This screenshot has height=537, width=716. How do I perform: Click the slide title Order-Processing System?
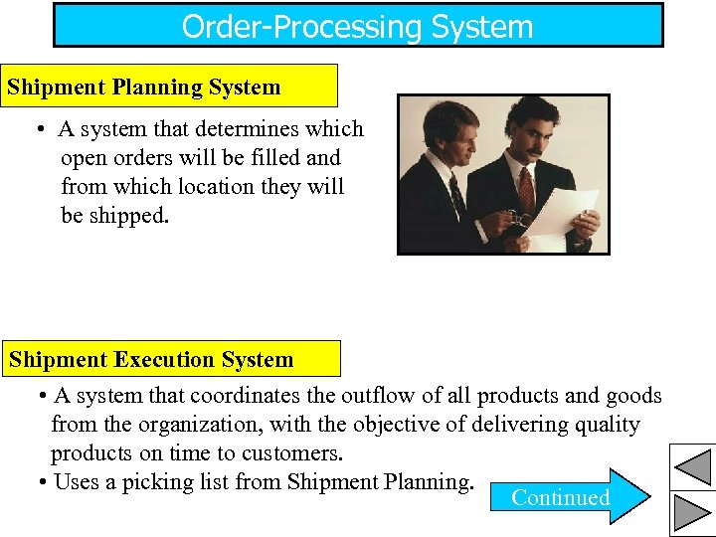(x=357, y=26)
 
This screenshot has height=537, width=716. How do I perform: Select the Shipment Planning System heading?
(x=143, y=87)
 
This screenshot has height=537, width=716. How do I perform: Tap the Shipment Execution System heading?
(x=151, y=359)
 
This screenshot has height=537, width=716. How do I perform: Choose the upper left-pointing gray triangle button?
(x=692, y=466)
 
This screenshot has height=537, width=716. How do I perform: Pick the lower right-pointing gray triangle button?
(x=692, y=512)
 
